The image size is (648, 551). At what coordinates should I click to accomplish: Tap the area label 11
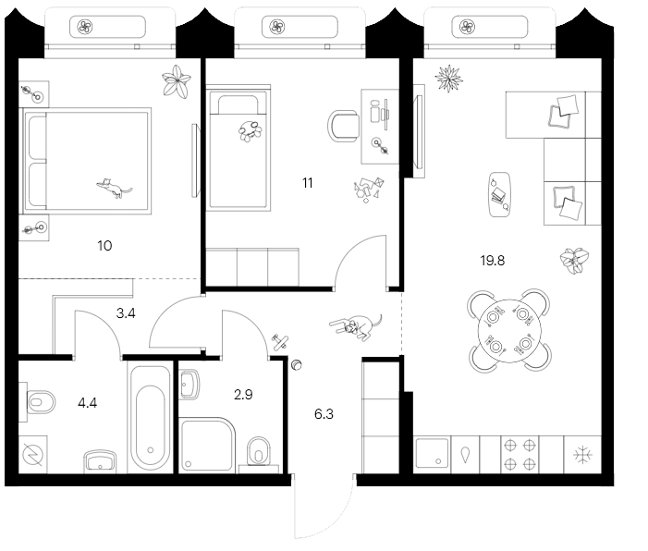307,183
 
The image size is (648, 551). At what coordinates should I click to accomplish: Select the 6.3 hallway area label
324,414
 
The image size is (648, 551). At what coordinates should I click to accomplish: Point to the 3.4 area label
127,313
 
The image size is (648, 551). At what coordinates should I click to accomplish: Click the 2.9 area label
242,395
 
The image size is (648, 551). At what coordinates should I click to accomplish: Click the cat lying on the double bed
114,189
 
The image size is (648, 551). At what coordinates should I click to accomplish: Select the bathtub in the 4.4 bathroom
150,417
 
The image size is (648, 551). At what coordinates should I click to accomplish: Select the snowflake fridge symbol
582,455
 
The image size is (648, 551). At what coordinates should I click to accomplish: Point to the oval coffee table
499,195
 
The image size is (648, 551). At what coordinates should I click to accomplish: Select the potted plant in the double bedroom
175,82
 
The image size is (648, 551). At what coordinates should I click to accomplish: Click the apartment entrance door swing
324,508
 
